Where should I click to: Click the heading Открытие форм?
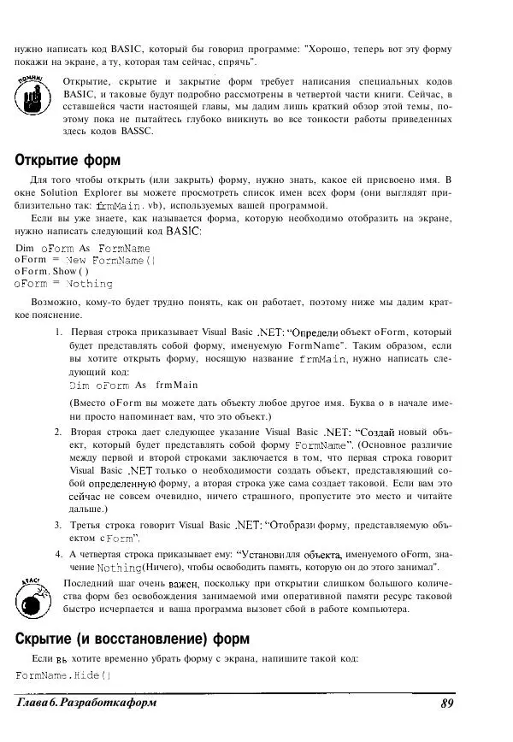pyautogui.click(x=68, y=160)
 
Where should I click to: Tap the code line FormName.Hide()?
pyautogui.click(x=64, y=675)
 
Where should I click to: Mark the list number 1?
pyautogui.click(x=57, y=332)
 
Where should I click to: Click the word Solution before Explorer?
pyautogui.click(x=74, y=193)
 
